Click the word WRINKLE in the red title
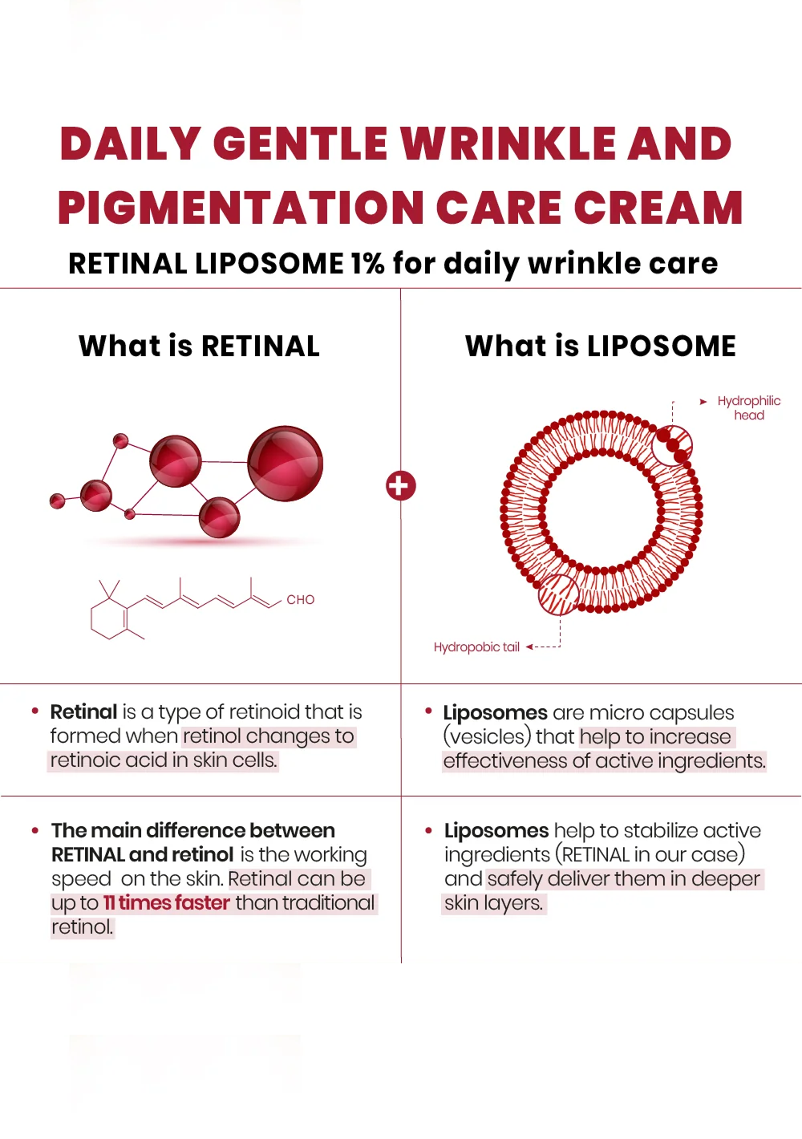(508, 144)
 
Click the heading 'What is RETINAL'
(199, 346)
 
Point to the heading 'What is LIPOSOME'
(600, 346)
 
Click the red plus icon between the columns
(401, 485)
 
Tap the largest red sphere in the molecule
(285, 464)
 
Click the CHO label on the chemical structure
(300, 600)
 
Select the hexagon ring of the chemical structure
(109, 618)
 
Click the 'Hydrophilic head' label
(748, 407)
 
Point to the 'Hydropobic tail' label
(476, 647)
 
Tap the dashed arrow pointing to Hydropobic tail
(543, 647)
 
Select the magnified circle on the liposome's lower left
(558, 594)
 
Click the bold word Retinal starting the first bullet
(83, 711)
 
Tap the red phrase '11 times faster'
(167, 902)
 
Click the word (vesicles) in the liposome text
(488, 736)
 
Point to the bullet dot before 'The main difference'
(35, 830)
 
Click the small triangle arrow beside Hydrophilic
(703, 401)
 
